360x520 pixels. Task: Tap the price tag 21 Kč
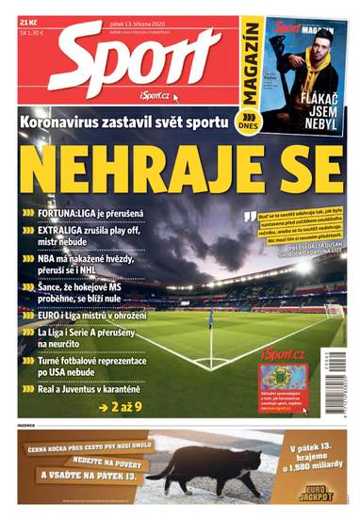[32, 21]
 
